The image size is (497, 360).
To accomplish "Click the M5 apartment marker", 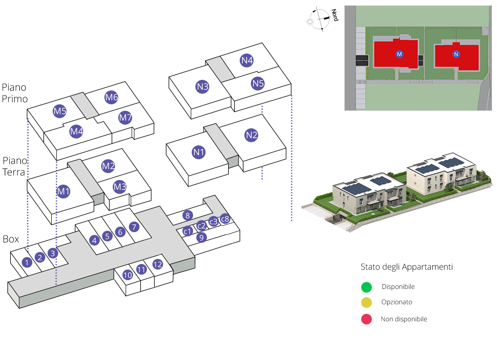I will tap(60, 112).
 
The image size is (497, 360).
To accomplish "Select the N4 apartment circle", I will tap(247, 60).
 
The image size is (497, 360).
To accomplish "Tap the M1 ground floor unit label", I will tap(63, 191).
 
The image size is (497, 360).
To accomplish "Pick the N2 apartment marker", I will tap(251, 135).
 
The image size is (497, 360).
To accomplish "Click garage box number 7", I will tap(134, 227).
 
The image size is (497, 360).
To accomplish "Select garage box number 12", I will tap(158, 264).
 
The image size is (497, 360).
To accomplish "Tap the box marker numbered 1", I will tap(28, 262).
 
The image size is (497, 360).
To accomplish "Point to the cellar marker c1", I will tap(188, 231).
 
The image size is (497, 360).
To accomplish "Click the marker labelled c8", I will tap(224, 219).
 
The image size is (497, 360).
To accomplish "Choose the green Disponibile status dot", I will tap(366, 287).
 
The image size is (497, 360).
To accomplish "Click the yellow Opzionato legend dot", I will tap(366, 303).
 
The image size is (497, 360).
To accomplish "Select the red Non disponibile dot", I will tap(366, 319).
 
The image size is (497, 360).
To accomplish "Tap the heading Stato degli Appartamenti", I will tap(406, 267).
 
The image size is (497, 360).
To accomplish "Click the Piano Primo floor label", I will tap(14, 93).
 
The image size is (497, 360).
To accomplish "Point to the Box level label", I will tap(11, 239).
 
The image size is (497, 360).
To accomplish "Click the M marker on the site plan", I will tap(400, 54).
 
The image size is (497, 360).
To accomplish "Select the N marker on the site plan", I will tap(456, 54).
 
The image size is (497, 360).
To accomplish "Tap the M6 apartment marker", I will tap(111, 97).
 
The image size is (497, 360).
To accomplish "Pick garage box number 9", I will tap(201, 237).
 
